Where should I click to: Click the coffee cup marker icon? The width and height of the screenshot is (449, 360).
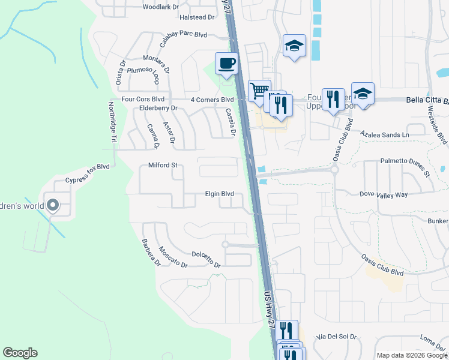[226, 64]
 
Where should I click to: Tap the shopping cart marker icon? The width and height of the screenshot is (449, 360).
[259, 91]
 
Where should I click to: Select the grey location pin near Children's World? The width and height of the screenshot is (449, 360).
[53, 206]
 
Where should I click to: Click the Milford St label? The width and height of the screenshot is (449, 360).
[163, 165]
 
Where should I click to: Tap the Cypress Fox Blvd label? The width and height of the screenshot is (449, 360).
[88, 166]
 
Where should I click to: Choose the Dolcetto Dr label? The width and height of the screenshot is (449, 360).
[206, 260]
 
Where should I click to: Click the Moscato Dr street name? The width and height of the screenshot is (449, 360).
[170, 257]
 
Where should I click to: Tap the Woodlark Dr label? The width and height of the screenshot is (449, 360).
[161, 7]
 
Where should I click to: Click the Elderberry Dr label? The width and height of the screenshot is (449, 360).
[158, 108]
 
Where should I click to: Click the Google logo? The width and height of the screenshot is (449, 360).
[20, 353]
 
